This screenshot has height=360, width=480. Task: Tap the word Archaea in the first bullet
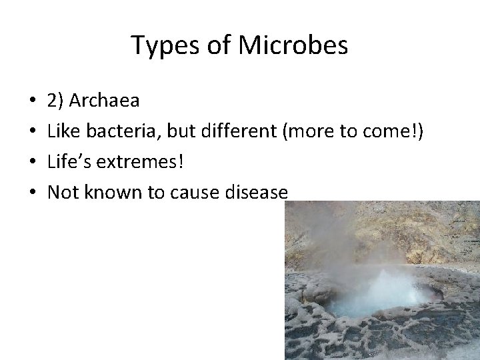pyautogui.click(x=104, y=101)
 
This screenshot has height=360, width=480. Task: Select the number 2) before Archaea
pyautogui.click(x=56, y=101)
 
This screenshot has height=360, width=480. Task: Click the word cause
pyautogui.click(x=191, y=193)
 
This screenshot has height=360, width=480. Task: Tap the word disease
pyautogui.click(x=256, y=193)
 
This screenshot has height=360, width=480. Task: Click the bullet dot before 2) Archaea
pyautogui.click(x=33, y=102)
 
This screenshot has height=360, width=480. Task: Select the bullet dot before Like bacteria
pyautogui.click(x=33, y=133)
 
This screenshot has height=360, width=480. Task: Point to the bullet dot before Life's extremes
pyautogui.click(x=33, y=163)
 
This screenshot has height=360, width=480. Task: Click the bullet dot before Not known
pyautogui.click(x=33, y=193)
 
